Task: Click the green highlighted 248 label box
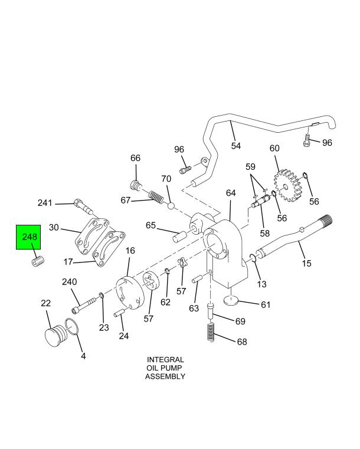coord(30,244)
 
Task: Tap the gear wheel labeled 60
coord(286,185)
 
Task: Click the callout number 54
coord(235,145)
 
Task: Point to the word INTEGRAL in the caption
coord(165,359)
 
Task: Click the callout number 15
coord(306,263)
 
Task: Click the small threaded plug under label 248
coord(38,261)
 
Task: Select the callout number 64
coord(230,193)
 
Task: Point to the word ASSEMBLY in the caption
coord(165,376)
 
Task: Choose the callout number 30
coord(54,227)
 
